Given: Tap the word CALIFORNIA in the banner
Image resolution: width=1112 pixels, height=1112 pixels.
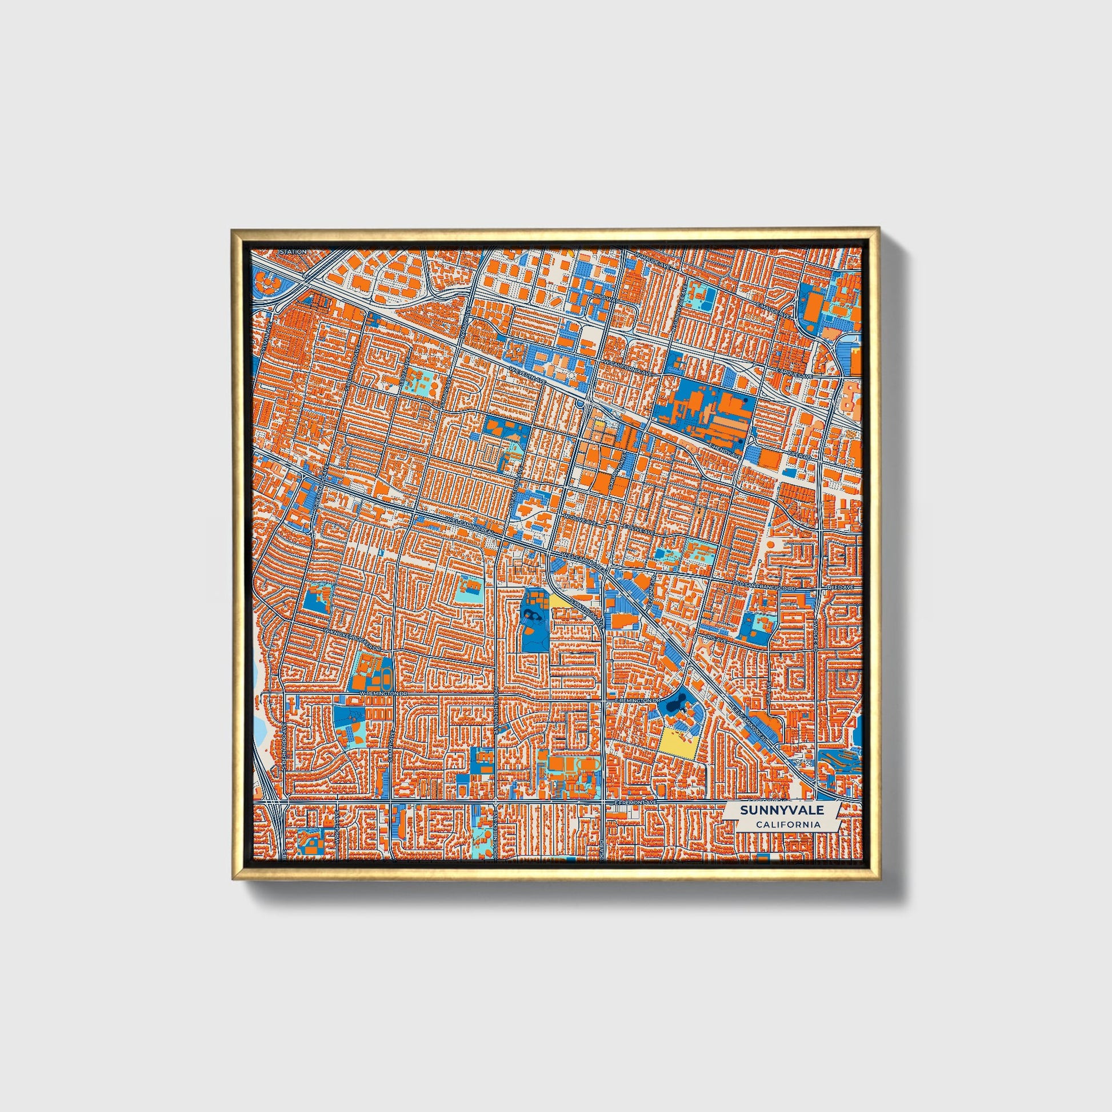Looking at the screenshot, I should pos(788,825).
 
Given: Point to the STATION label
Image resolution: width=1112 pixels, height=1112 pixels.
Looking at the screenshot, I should pos(293,252).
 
